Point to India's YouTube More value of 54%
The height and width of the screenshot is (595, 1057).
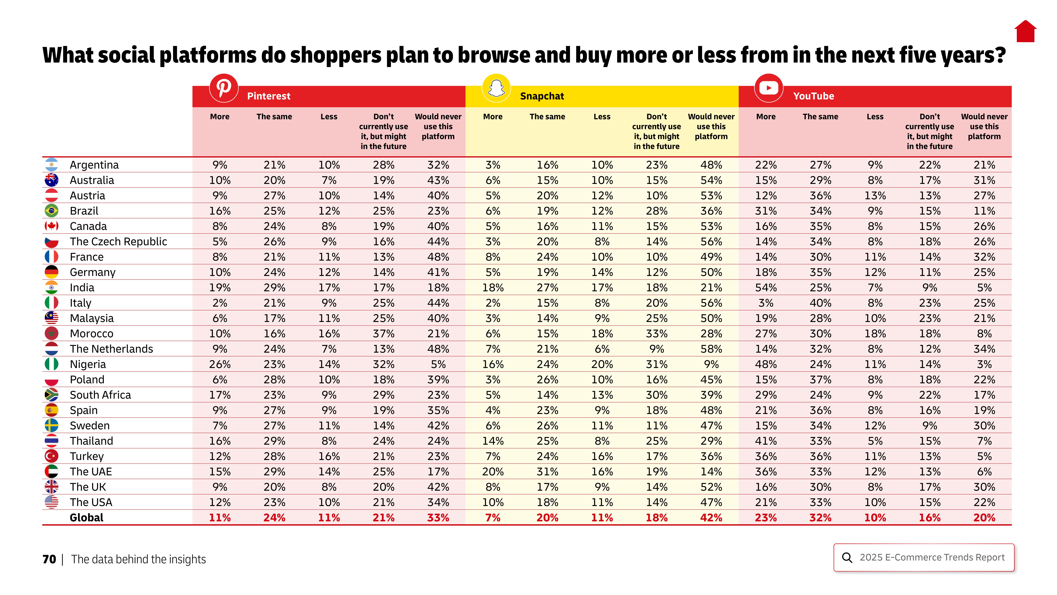point(766,287)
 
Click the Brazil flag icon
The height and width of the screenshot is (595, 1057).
point(51,211)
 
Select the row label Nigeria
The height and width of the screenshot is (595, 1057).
point(88,364)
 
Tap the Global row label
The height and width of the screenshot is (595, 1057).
point(87,517)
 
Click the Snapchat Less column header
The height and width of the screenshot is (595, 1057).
point(602,117)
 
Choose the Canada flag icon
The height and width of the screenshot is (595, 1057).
point(51,226)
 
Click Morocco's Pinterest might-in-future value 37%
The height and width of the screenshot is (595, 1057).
point(383,333)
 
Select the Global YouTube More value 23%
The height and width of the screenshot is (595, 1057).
point(766,517)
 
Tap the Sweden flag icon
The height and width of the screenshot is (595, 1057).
point(51,425)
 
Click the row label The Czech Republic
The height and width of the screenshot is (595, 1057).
point(118,241)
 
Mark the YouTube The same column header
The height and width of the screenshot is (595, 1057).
point(820,117)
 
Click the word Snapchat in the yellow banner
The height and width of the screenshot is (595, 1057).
point(542,96)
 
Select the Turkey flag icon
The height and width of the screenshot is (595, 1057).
point(51,456)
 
